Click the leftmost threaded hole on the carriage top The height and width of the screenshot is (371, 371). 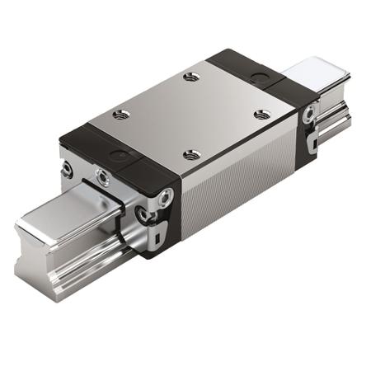[x=121, y=114]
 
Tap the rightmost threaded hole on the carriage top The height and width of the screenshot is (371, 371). [x=262, y=115]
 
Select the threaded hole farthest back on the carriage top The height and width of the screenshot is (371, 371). [x=192, y=77]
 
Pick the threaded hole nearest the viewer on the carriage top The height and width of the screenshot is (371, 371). [x=192, y=154]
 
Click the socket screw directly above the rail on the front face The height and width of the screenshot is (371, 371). [x=102, y=176]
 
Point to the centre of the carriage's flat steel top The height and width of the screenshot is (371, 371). [x=191, y=116]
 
